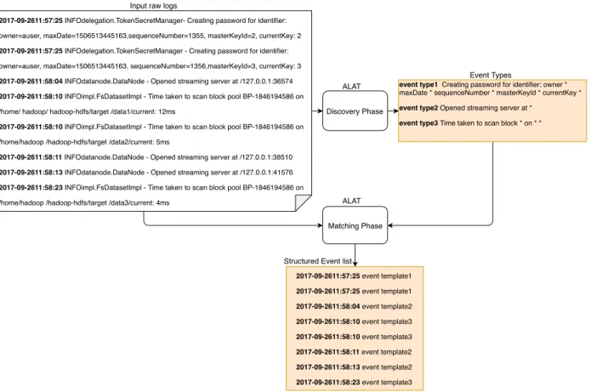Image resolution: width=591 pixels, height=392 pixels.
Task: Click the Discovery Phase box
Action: (x=355, y=111)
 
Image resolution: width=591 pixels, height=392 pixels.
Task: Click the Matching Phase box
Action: (x=355, y=225)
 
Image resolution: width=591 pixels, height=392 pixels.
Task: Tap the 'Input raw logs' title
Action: (x=153, y=6)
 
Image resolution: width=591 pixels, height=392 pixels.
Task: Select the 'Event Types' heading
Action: (x=491, y=75)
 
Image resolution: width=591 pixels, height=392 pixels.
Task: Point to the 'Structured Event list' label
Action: (x=317, y=261)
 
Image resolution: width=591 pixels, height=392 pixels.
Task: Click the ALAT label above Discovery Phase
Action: (x=351, y=87)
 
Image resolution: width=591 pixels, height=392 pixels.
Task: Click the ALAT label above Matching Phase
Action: (x=351, y=201)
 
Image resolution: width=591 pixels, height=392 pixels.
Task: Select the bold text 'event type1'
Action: (x=418, y=84)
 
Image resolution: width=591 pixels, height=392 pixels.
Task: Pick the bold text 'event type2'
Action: (x=418, y=108)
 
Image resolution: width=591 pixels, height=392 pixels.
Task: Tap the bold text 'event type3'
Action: (x=418, y=123)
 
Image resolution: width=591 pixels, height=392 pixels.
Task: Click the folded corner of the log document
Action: (x=302, y=202)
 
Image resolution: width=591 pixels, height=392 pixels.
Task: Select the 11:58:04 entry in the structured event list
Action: (x=354, y=306)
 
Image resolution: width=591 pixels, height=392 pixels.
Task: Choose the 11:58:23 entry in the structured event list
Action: (x=354, y=382)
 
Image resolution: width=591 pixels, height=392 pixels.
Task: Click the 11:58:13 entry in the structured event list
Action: (x=354, y=367)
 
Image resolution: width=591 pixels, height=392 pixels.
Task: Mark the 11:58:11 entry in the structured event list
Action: (x=354, y=352)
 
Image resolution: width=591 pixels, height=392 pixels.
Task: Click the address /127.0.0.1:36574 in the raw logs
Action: (x=266, y=82)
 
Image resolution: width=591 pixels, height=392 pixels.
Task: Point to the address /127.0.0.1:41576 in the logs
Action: (x=266, y=173)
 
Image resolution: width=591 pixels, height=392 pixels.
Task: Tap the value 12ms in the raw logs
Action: (x=167, y=111)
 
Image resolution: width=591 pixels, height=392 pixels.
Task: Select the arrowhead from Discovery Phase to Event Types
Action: (x=395, y=111)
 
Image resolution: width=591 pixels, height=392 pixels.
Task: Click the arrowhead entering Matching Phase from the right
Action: (x=390, y=225)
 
